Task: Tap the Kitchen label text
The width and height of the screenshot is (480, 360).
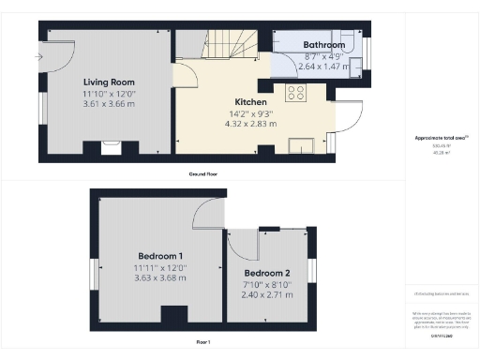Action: (250, 102)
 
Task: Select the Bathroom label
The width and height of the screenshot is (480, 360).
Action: (323, 45)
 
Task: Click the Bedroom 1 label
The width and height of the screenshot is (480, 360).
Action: (160, 256)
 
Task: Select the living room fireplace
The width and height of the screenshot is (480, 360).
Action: (110, 146)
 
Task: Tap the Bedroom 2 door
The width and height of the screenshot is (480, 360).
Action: (243, 246)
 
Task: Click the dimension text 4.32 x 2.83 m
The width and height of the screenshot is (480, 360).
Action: (250, 122)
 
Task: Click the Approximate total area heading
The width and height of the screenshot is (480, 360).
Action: (441, 138)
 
